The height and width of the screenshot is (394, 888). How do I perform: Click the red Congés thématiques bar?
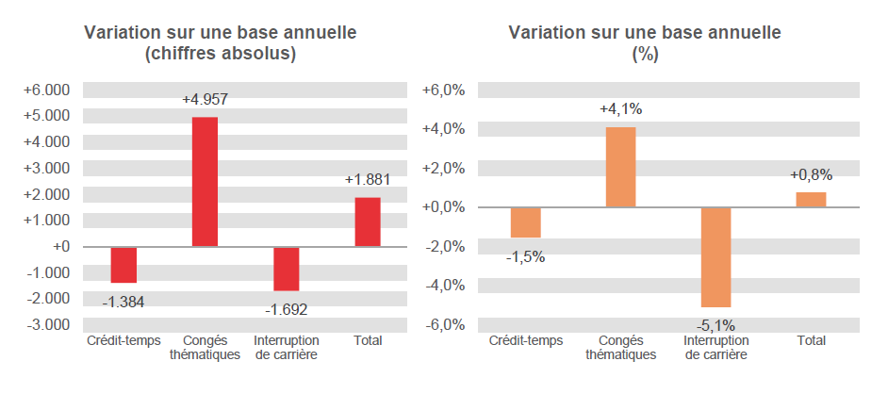point(205,182)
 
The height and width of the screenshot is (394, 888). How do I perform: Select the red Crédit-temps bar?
point(123,265)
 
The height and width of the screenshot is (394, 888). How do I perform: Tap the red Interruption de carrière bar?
point(287,269)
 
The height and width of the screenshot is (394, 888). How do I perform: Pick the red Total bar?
point(368,222)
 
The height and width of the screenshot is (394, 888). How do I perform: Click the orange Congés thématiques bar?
point(620,167)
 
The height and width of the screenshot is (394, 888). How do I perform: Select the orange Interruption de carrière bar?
point(715,257)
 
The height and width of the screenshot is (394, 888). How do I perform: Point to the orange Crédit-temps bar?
point(525,222)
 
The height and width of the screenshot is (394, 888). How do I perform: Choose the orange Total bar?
point(811,200)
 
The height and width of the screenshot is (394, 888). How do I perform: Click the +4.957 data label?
point(205,99)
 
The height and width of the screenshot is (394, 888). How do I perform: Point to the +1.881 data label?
point(367,179)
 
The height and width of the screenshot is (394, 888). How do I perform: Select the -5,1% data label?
point(715,325)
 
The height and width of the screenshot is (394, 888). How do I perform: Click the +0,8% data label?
point(811,174)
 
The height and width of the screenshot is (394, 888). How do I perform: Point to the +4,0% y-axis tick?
point(442,129)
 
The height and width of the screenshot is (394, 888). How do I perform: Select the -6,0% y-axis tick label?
point(443,324)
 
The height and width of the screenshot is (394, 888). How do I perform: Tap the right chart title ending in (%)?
point(645,44)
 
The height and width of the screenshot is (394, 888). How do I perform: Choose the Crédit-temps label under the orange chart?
point(525,340)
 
